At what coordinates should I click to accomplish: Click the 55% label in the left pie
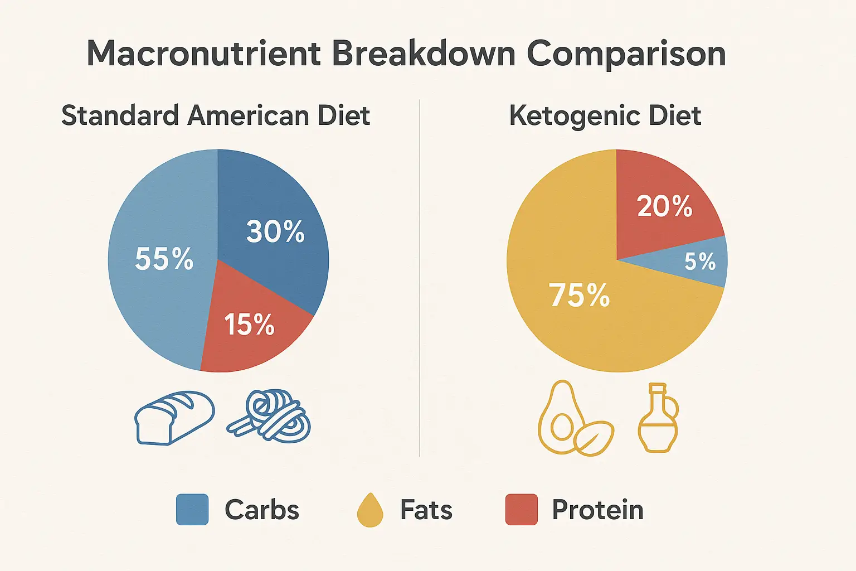point(164,259)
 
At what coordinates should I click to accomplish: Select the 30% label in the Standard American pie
point(275,231)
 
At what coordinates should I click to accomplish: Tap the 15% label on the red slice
point(249,324)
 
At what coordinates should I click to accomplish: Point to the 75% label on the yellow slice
point(580,295)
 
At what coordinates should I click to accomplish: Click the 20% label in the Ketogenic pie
point(664,206)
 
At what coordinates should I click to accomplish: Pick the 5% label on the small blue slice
point(700,262)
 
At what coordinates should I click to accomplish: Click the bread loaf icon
point(174,418)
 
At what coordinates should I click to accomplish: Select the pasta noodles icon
point(269,417)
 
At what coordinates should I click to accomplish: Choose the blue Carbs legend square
point(192,510)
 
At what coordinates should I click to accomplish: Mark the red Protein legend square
point(522,510)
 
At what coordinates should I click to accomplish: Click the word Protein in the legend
point(597,510)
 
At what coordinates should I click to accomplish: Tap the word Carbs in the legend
point(262,510)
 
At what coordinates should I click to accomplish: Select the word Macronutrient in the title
point(204,54)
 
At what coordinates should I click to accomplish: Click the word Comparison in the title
point(626,54)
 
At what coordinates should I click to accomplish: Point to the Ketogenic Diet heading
point(605,116)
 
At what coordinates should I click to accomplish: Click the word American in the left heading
point(249,116)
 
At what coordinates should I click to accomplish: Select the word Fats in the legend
point(426,510)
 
